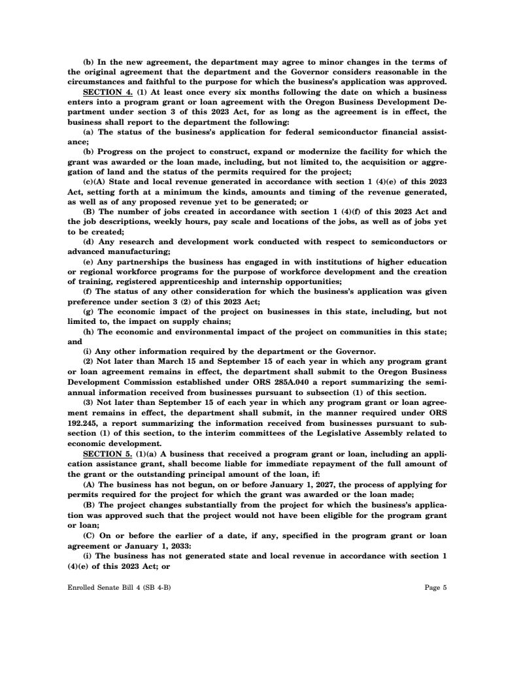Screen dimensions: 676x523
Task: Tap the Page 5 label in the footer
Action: (435, 587)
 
